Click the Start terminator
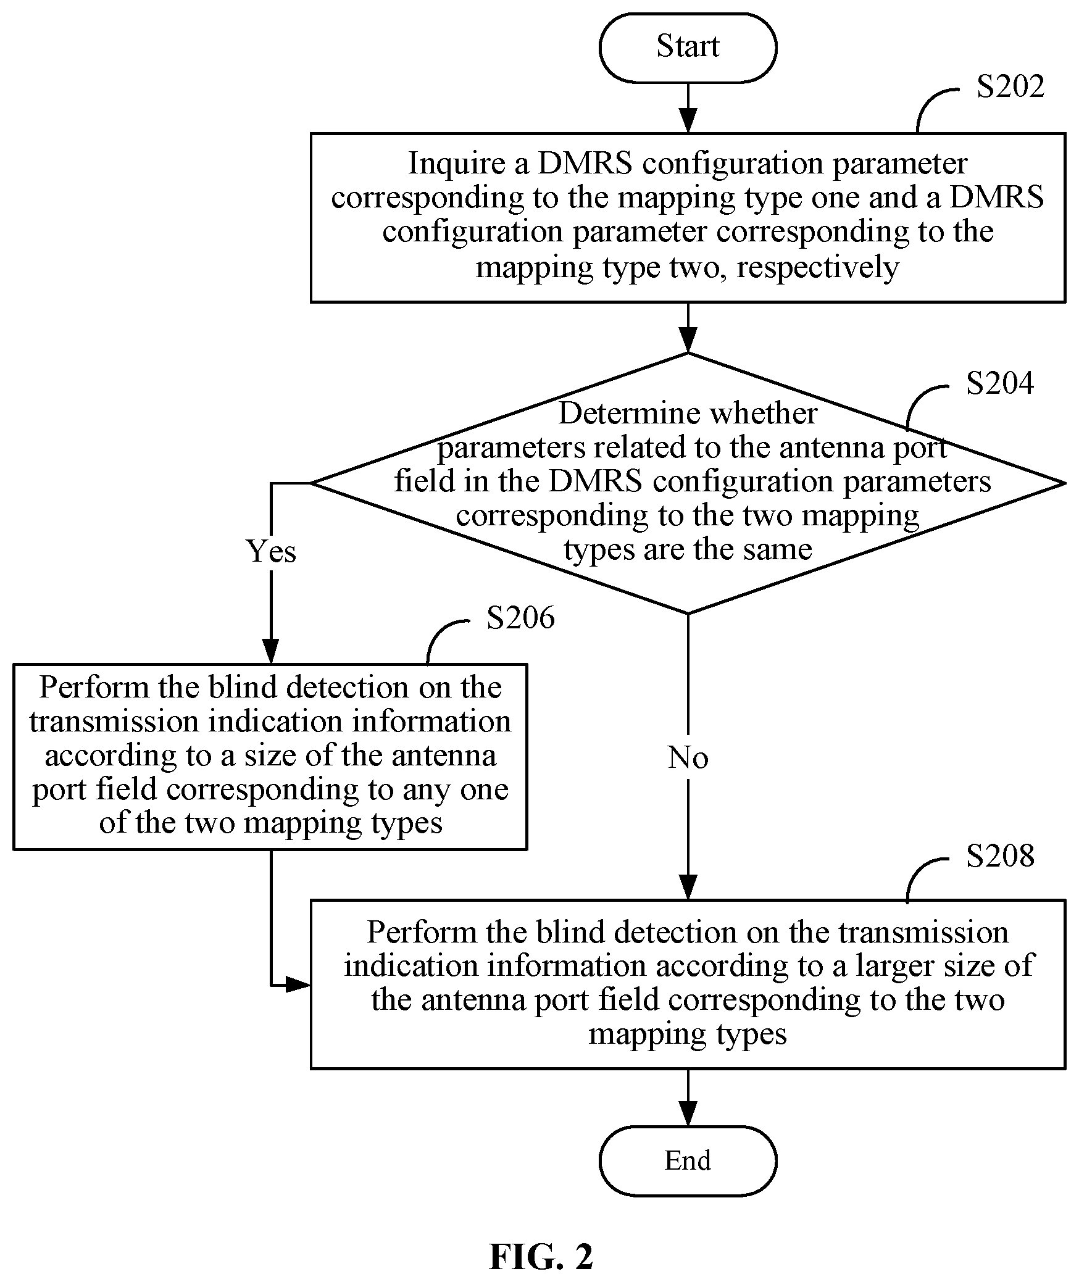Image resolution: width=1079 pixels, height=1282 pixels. pyautogui.click(x=688, y=48)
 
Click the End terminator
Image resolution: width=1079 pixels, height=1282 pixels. pyautogui.click(x=688, y=1160)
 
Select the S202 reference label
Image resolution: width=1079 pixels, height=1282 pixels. pyautogui.click(x=1010, y=86)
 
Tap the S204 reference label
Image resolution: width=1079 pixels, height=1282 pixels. pyautogui.click(x=1000, y=383)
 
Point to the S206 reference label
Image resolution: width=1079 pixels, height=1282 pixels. pyautogui.click(x=520, y=617)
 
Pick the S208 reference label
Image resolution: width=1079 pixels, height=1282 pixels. pyautogui.click(x=1000, y=855)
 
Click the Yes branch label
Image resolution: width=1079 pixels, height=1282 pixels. pyautogui.click(x=271, y=551)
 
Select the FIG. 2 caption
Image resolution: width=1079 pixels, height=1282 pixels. pyautogui.click(x=541, y=1257)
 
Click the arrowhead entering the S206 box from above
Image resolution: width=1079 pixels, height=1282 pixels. pyautogui.click(x=270, y=651)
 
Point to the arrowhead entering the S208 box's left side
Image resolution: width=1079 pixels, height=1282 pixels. pyautogui.click(x=299, y=984)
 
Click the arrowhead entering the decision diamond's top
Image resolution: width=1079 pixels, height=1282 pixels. pyautogui.click(x=688, y=340)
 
